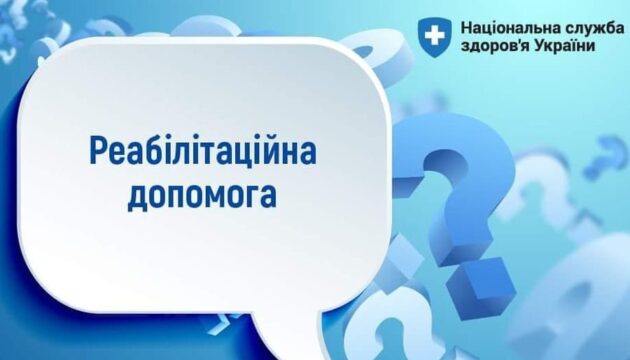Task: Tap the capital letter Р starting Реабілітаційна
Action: [x=99, y=151]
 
